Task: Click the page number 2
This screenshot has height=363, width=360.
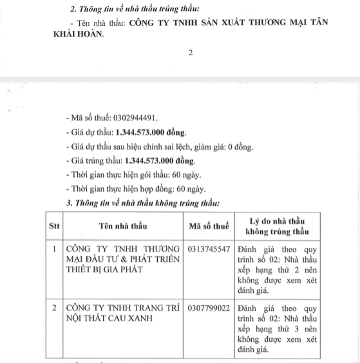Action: point(191,53)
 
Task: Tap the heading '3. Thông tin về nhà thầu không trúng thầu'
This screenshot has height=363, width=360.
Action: point(143,203)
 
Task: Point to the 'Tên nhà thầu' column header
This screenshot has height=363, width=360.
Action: point(123,226)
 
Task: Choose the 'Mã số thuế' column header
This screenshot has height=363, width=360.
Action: point(209,226)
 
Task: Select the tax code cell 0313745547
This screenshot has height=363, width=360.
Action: point(209,248)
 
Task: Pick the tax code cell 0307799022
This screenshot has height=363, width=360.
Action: point(209,309)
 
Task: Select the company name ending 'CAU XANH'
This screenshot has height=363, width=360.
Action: point(122,314)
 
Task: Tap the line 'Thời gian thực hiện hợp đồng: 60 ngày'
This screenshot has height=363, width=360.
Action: point(135,189)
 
